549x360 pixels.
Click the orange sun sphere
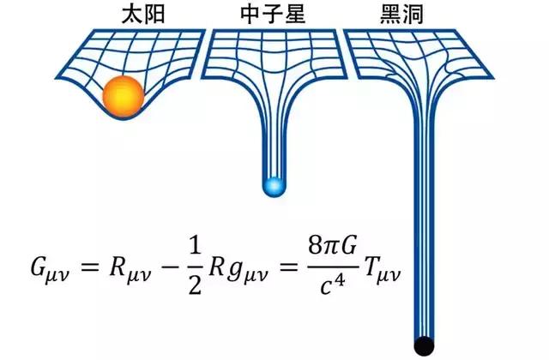click(121, 97)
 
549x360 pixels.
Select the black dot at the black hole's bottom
click(425, 345)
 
